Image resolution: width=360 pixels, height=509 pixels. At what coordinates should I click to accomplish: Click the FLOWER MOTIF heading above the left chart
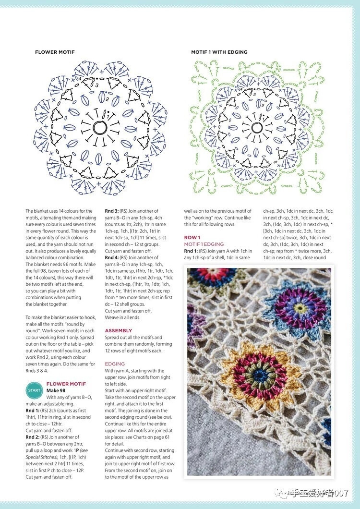point(55,52)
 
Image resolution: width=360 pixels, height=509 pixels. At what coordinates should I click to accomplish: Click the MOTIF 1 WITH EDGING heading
point(219,52)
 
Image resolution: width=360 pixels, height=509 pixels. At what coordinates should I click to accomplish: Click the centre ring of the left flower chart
point(100,127)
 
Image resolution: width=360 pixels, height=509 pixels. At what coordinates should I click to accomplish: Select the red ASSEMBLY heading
point(119,331)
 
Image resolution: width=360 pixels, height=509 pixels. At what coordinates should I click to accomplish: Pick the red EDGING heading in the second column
point(115,364)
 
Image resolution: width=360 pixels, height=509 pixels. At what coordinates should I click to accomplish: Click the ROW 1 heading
point(192,238)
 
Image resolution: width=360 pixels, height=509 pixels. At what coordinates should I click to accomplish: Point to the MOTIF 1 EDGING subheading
point(204,244)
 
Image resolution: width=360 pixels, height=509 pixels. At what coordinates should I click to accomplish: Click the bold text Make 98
point(56,390)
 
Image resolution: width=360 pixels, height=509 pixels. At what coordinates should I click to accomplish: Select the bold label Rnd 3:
point(113,211)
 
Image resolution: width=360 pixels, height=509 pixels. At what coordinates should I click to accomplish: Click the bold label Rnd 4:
point(113,257)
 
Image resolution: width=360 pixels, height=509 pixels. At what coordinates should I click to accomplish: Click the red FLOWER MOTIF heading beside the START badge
point(66,384)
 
